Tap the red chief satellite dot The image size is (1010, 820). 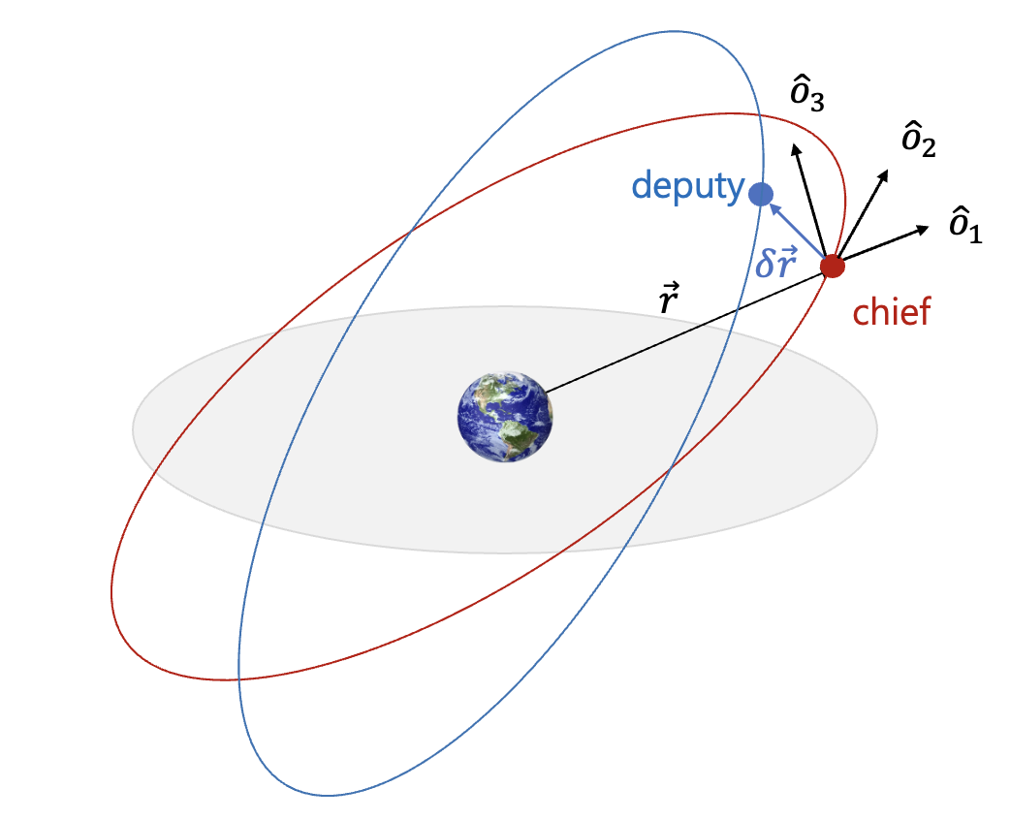[x=832, y=265]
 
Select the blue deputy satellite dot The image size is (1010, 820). [x=761, y=193]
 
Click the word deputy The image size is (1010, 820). [x=687, y=186]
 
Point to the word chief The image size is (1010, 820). [x=891, y=312]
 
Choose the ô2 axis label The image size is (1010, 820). [x=918, y=141]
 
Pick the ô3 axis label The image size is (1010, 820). [x=807, y=97]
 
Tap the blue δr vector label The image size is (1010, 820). [x=776, y=263]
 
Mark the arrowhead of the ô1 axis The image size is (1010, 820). [x=925, y=230]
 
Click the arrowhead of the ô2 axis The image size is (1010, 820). [x=884, y=175]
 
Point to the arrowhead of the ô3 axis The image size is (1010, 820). [x=796, y=147]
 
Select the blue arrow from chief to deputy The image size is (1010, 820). [x=797, y=230]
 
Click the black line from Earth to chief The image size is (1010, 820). [x=679, y=333]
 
